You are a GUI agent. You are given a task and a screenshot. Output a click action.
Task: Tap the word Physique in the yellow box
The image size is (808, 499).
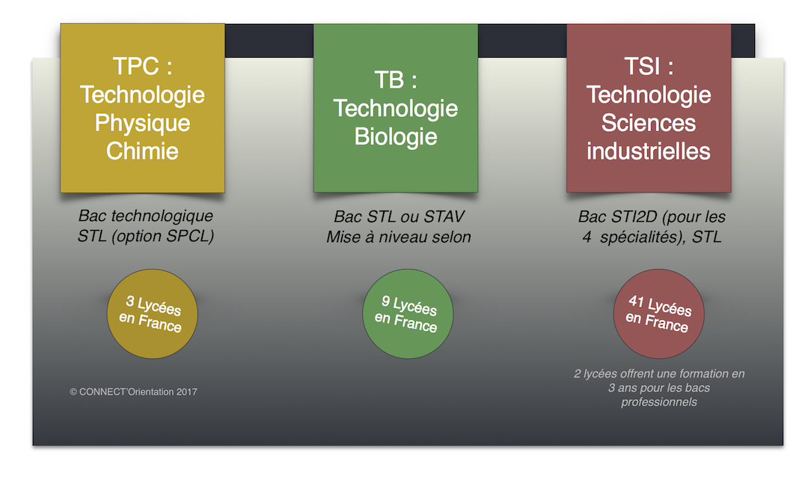coord(142,124)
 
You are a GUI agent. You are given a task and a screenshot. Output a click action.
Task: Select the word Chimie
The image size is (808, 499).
coord(142,151)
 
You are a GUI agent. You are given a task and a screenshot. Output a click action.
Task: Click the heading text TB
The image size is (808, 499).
coord(389,80)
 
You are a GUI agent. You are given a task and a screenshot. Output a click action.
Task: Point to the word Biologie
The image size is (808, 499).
coord(396,137)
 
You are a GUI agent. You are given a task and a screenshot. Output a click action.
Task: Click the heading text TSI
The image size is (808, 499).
coord(642,66)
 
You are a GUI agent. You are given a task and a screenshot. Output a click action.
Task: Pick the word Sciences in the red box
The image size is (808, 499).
coord(648,123)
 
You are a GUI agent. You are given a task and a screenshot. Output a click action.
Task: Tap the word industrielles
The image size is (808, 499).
coord(648,151)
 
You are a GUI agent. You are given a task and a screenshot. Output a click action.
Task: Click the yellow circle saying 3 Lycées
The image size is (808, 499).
coord(152,314)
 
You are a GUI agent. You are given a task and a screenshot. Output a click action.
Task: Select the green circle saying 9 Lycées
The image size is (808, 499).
coord(408,314)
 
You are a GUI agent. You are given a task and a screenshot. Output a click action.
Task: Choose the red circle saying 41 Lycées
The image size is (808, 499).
coord(658,314)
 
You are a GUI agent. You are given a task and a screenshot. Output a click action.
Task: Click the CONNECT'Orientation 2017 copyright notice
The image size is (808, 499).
coord(133,392)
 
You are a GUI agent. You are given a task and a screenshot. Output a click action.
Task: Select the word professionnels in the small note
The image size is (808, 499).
coord(659,402)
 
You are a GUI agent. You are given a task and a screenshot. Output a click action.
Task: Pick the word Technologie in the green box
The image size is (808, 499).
coord(396,109)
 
